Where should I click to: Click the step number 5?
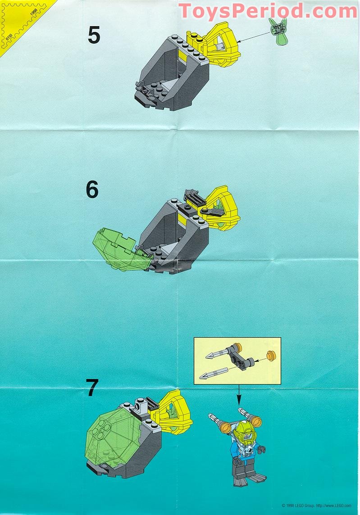point(94,36)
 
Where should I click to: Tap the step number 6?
point(92,190)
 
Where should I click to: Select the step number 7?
point(92,388)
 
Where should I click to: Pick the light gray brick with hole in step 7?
point(139,408)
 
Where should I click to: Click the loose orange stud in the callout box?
point(271,356)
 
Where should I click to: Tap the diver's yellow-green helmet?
point(244,432)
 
